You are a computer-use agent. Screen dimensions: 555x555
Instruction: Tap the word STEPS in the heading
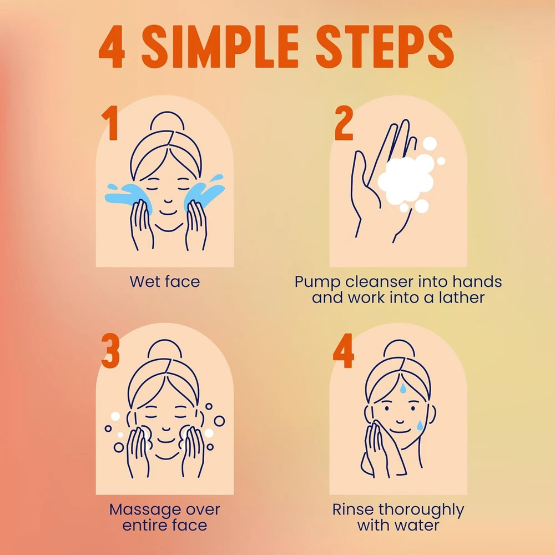point(385,47)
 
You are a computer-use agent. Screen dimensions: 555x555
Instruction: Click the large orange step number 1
point(110,123)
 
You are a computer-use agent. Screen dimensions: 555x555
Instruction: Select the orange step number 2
point(344,123)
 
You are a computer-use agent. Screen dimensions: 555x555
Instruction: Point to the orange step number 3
point(110,350)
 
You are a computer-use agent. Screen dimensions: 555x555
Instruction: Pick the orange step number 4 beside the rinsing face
point(344,350)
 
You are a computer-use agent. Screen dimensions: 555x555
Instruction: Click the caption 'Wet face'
point(165,282)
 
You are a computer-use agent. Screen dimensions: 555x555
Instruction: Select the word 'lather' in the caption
point(462,297)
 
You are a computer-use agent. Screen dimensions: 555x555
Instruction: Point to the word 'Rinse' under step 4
point(353,509)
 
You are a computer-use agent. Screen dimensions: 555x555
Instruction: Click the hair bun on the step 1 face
point(167,121)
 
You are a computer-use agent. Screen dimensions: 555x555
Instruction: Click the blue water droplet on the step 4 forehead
point(403,388)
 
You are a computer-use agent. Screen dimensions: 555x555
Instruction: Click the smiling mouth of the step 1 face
point(168,213)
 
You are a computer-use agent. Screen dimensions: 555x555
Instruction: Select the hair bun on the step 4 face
point(399,349)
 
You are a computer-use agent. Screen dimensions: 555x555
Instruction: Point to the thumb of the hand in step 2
point(362,177)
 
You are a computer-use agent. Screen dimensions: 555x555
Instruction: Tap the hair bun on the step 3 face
point(165,349)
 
